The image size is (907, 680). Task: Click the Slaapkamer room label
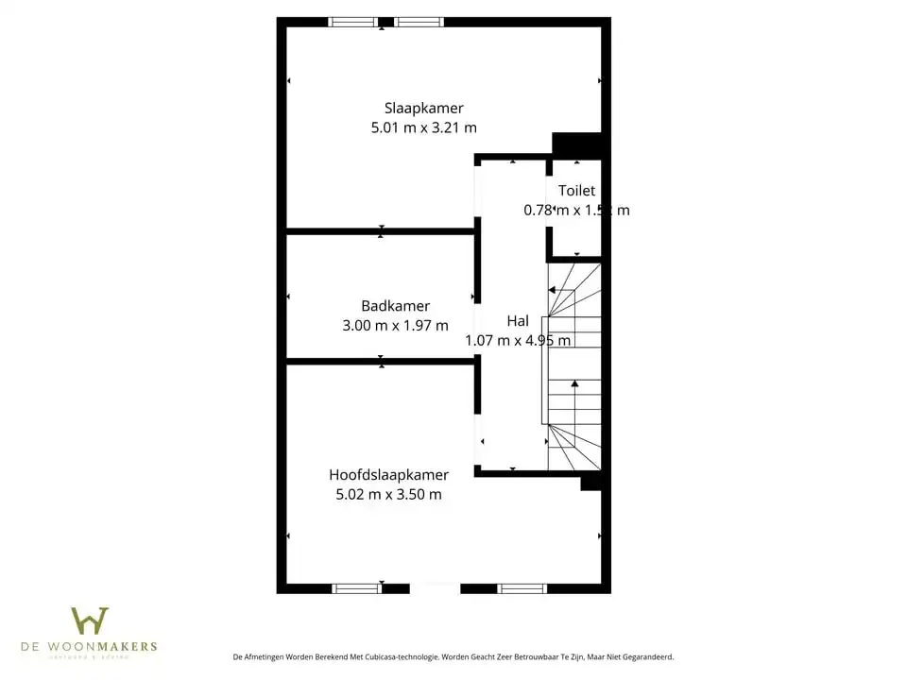tap(423, 108)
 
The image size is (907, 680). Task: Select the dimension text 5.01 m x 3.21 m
tap(423, 127)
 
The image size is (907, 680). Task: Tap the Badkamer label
tap(395, 306)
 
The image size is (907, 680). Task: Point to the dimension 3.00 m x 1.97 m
tap(395, 325)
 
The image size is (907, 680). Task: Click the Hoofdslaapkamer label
tap(388, 475)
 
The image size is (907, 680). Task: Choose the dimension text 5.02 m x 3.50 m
tap(388, 494)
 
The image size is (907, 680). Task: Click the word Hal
tap(517, 321)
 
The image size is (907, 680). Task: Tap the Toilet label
tap(576, 191)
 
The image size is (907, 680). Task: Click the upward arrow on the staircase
tap(574, 383)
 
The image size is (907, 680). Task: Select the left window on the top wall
tap(352, 22)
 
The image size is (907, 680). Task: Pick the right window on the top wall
tap(419, 22)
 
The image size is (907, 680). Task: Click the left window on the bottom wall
tap(357, 588)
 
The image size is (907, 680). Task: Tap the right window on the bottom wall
tap(522, 588)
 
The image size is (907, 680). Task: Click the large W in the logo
tap(90, 621)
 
